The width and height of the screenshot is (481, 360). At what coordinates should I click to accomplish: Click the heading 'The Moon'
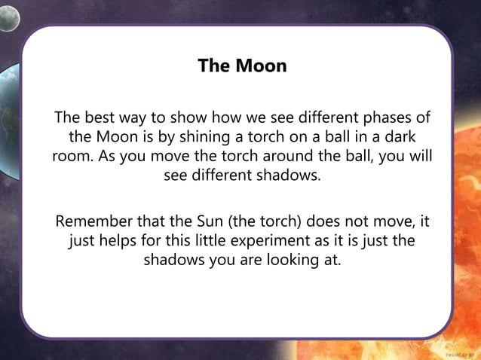(242, 66)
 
